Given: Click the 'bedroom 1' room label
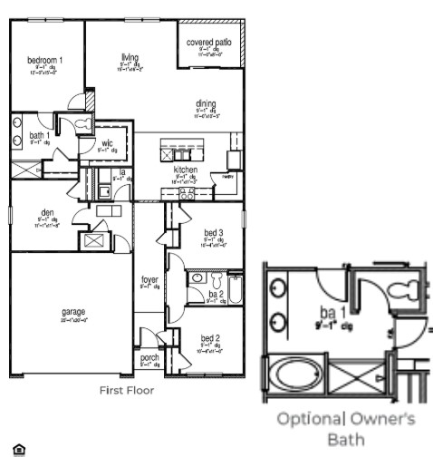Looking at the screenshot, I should (45, 60).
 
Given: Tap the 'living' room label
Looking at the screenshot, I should (130, 57).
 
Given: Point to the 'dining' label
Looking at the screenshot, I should (206, 103).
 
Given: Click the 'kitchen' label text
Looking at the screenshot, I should (186, 170).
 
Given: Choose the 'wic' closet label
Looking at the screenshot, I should (107, 143).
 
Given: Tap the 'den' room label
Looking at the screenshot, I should (47, 212).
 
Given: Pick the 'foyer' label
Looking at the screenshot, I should (149, 279).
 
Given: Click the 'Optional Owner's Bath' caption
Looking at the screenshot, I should (345, 428).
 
